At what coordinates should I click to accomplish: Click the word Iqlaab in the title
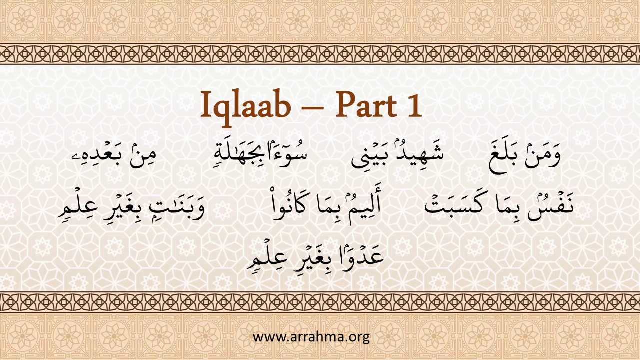tap(245, 105)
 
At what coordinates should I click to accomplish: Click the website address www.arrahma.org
tap(311, 337)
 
